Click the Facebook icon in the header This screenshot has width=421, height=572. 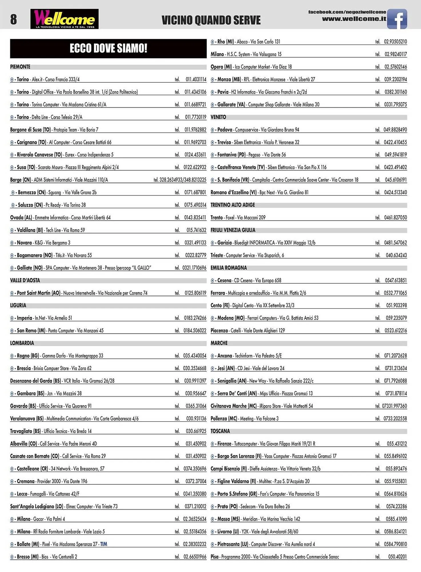click(397, 19)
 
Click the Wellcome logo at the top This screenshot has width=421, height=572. click(65, 19)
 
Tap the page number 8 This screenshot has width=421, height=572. click(13, 19)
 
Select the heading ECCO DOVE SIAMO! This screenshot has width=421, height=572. click(108, 48)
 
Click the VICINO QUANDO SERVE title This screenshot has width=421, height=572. click(211, 20)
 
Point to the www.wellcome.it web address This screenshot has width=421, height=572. click(354, 19)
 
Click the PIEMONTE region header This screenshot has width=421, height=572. click(20, 67)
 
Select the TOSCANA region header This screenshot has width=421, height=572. click(220, 431)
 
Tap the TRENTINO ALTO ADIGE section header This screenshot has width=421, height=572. click(233, 205)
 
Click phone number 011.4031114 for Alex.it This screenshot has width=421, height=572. click(196, 79)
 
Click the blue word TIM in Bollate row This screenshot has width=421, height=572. click(103, 544)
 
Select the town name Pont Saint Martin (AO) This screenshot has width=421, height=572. click(39, 293)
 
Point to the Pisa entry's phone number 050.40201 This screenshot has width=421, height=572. click(397, 557)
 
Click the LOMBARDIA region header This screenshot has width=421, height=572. click(22, 343)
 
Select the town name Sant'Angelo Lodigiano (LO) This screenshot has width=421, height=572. click(37, 506)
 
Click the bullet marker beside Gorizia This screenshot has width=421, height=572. click(212, 243)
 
